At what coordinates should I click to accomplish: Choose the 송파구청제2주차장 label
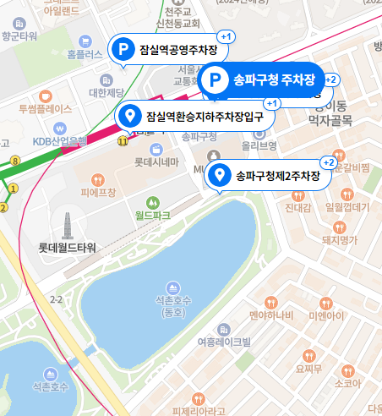click(x=276, y=176)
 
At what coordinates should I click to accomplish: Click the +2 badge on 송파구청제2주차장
click(x=330, y=161)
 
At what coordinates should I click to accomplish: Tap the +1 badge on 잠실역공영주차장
click(x=226, y=37)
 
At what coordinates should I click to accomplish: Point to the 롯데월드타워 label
click(x=68, y=248)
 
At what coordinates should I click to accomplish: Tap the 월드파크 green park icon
click(x=153, y=203)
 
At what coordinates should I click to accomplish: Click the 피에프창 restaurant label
click(x=97, y=193)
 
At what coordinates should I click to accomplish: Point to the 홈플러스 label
click(x=84, y=54)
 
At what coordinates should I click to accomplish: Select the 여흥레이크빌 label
click(x=223, y=342)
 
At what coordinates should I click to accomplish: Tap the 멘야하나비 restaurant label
click(x=270, y=316)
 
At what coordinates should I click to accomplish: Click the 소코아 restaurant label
click(x=347, y=383)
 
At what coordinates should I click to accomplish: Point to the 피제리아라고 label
click(x=199, y=411)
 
